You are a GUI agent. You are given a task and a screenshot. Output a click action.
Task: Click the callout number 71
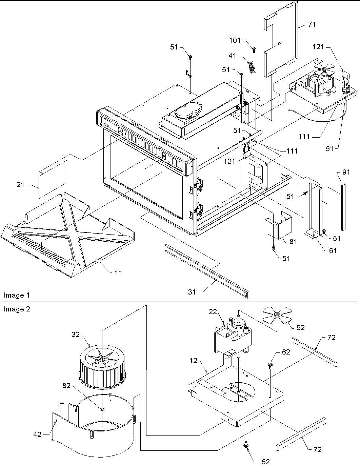[312, 24]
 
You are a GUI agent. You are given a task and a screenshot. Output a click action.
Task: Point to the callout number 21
[21, 185]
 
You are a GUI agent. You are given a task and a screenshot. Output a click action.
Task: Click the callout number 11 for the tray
[118, 272]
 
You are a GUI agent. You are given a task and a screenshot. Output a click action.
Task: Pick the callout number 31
[192, 292]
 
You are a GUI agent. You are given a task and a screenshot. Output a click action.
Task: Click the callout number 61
[333, 250]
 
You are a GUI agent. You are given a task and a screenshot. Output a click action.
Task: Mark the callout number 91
[346, 172]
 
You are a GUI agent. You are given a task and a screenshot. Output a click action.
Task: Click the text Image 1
[17, 295]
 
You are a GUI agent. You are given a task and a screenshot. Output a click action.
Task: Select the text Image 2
[17, 309]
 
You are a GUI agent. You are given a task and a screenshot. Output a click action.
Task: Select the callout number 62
[286, 352]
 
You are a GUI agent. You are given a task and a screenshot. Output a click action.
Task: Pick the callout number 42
[38, 434]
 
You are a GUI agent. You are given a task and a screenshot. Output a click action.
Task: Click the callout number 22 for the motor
[213, 312]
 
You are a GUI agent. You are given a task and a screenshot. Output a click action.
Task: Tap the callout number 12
[193, 361]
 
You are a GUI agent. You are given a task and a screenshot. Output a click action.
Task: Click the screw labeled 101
[253, 50]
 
